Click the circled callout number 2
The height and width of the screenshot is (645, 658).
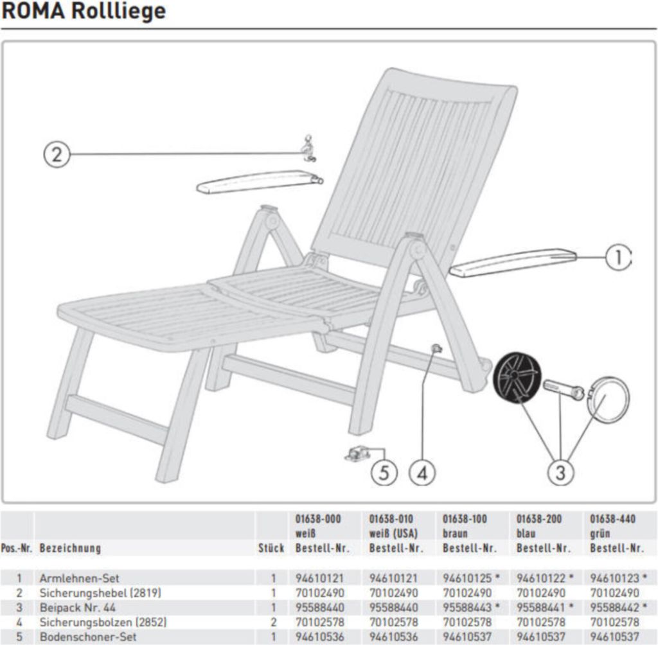tap(57, 154)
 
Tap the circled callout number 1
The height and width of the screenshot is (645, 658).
tap(618, 257)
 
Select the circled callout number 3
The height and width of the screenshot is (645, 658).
tap(560, 473)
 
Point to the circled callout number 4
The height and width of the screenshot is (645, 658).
tap(422, 473)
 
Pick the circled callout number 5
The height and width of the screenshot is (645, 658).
tap(384, 473)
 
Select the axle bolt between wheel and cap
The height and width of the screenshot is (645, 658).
tap(564, 389)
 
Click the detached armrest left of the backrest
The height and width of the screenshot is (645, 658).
tap(260, 182)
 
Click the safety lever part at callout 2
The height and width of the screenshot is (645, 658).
tap(309, 148)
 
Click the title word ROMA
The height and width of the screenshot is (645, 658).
tap(33, 11)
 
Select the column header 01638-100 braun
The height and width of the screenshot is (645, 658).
tap(465, 526)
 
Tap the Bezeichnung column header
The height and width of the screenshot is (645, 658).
tap(70, 548)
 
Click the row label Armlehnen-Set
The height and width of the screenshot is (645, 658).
tap(79, 578)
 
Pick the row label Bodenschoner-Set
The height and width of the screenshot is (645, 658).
tap(88, 637)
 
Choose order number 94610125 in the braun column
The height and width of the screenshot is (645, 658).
tap(467, 578)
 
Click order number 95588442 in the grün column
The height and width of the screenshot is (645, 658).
tap(615, 607)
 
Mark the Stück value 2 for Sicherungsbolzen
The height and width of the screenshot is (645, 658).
tap(273, 622)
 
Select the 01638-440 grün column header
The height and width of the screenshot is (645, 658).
tap(612, 526)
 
